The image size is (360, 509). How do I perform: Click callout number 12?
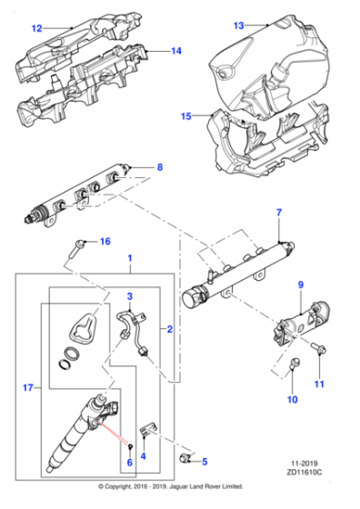[37, 28]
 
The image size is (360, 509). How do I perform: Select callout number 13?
[239, 25]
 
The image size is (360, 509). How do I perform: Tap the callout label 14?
[176, 51]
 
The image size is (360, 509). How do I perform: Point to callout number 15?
[186, 116]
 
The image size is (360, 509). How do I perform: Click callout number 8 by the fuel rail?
[160, 167]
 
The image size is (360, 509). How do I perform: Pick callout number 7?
[280, 212]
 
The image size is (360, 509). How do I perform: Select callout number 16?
[105, 242]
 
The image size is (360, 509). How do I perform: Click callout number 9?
[301, 285]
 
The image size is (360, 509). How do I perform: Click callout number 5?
[205, 461]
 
